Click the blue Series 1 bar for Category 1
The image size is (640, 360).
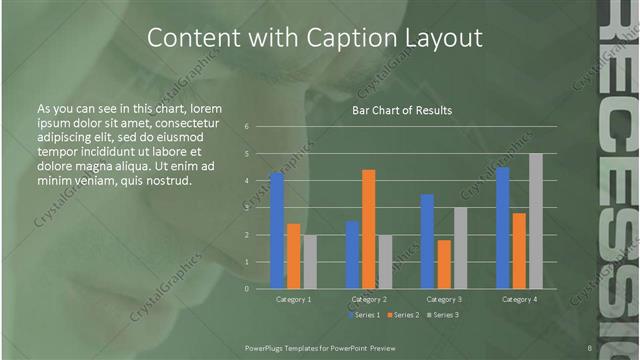[x=277, y=231]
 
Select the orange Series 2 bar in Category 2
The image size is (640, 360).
[x=369, y=229]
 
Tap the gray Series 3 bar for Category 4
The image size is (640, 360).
[x=536, y=221]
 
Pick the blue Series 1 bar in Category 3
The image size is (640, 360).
[x=428, y=241]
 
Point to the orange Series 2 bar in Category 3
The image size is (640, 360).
[x=444, y=264]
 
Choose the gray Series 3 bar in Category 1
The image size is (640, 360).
[x=310, y=262]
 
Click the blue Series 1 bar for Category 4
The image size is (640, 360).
[x=503, y=228]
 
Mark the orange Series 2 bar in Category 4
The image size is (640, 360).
[x=519, y=250]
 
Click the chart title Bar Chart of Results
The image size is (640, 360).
[x=402, y=110]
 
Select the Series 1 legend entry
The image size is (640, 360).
[x=364, y=315]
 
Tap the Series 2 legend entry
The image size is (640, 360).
[x=403, y=315]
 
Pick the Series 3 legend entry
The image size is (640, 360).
[x=443, y=315]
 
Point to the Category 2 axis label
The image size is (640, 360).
[x=369, y=299]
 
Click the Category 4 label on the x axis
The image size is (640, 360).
[x=519, y=299]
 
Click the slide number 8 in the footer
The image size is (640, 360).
[x=590, y=348]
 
